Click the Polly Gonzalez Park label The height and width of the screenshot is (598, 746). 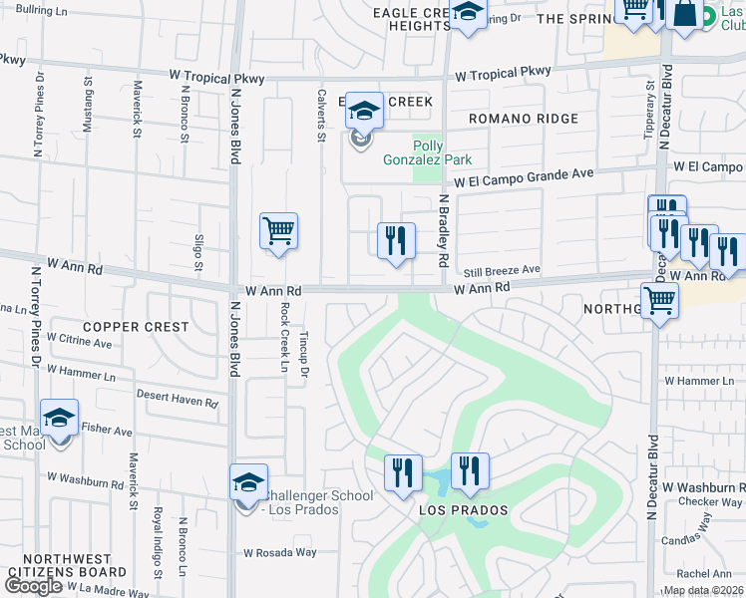pos(442,152)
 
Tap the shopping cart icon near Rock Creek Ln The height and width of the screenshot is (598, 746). pos(279,231)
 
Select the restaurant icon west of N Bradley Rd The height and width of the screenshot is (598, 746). pos(396,240)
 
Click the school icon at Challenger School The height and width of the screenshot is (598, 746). pos(248,483)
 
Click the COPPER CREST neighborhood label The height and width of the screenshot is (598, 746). pos(136,327)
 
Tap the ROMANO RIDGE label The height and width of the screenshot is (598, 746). pos(524,119)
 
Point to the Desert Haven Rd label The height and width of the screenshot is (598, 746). pos(177,399)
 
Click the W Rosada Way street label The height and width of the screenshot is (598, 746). pos(280,552)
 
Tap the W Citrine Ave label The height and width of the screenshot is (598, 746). pos(79,342)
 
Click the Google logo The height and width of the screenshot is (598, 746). pos(33,586)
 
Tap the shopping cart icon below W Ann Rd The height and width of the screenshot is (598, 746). pos(660,300)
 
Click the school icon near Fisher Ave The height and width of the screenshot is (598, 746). pos(59,419)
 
